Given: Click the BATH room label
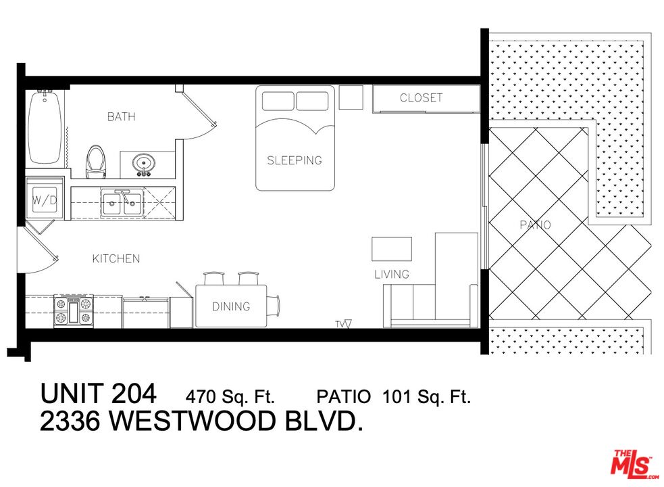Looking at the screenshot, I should (x=121, y=116).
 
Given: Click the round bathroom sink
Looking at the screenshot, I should (x=143, y=163).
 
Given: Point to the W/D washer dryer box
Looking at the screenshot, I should (x=45, y=200).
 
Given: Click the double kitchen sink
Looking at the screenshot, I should (x=121, y=202).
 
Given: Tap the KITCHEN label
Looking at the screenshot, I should (x=116, y=258).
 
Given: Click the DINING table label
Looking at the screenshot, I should (x=231, y=306).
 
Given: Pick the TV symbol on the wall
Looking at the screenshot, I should (x=343, y=324).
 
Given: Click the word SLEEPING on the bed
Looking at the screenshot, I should (x=295, y=160).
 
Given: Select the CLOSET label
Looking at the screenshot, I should (x=421, y=97).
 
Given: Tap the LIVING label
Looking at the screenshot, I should (x=392, y=274).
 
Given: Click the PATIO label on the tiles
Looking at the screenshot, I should (x=535, y=225).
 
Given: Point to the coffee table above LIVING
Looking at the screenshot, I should (x=392, y=249).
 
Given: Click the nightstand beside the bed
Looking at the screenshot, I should (x=351, y=97).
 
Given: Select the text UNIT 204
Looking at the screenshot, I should (x=99, y=393).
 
